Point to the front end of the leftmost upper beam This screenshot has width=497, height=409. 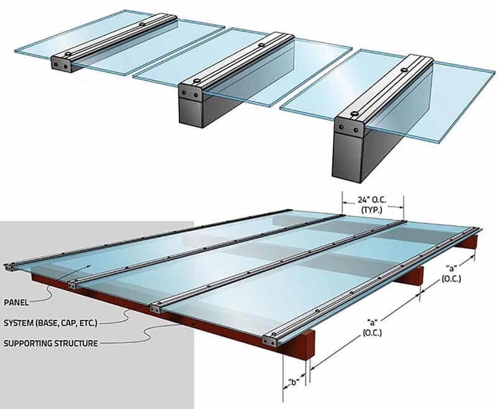pos(61,64)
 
